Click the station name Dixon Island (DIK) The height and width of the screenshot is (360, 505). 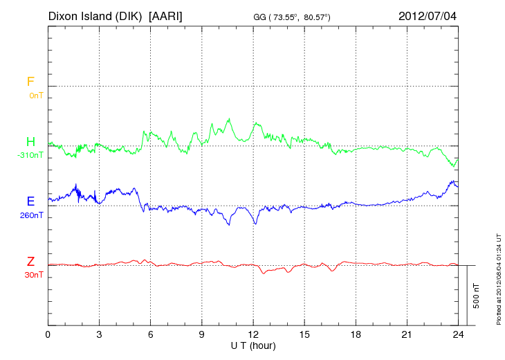(95, 15)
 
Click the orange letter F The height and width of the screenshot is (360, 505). (30, 82)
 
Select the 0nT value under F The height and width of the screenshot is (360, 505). (35, 96)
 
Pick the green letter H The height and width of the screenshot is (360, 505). (30, 142)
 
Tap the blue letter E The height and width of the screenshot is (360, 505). (30, 201)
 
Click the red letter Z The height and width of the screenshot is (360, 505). (30, 261)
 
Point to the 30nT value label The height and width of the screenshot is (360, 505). (33, 275)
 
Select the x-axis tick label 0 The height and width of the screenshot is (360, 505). (48, 334)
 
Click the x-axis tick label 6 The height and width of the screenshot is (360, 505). (150, 334)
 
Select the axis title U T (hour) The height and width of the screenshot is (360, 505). (253, 345)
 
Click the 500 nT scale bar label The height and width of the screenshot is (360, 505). (477, 296)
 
